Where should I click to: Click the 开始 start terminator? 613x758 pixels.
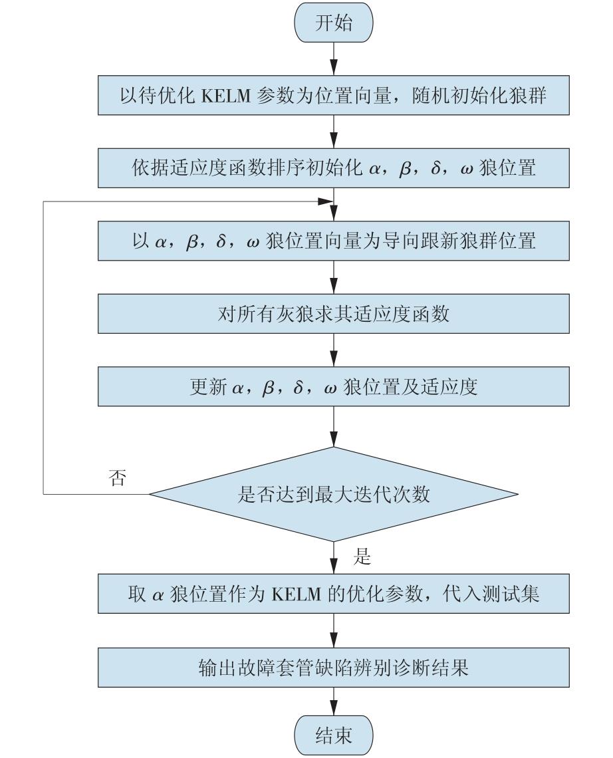click(334, 22)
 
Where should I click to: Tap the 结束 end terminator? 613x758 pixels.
click(334, 735)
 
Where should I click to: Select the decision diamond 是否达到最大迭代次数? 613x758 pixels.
click(334, 494)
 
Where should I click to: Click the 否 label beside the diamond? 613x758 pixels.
click(118, 477)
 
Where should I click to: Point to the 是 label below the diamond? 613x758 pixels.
click(362, 557)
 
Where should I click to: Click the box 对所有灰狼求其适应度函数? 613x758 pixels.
click(334, 314)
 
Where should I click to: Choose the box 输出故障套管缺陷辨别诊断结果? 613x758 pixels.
click(334, 668)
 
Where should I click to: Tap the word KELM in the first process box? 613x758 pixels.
click(225, 96)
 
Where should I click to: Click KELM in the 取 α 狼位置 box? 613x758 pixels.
click(297, 594)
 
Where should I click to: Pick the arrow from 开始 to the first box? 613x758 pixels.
click(334, 59)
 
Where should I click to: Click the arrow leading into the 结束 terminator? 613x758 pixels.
click(334, 701)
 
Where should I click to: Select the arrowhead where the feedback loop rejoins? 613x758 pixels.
click(326, 201)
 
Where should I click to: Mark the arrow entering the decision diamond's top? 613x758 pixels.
click(334, 426)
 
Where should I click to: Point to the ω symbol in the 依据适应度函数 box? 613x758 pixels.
click(467, 170)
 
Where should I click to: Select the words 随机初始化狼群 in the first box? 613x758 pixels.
click(479, 96)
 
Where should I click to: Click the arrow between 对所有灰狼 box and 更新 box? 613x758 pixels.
click(334, 350)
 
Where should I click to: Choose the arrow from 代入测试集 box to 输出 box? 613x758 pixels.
click(334, 631)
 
